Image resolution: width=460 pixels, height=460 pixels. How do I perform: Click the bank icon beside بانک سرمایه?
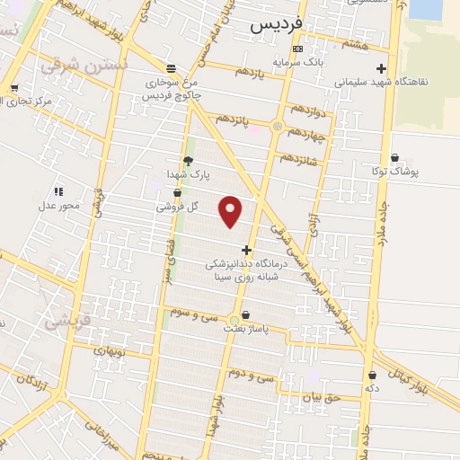[299, 49]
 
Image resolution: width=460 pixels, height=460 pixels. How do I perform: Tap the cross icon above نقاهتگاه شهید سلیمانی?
[382, 68]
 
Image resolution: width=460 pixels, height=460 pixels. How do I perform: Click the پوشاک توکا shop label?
[394, 169]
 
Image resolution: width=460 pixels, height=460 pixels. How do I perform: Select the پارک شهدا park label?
[188, 173]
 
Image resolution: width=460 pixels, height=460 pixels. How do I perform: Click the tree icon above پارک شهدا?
[188, 160]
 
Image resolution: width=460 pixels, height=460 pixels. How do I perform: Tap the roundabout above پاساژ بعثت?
[235, 319]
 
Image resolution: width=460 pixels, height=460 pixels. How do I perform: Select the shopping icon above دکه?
[372, 375]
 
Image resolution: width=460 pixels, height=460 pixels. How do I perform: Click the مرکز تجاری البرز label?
[22, 101]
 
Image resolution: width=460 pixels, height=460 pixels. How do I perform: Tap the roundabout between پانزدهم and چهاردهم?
[278, 127]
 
